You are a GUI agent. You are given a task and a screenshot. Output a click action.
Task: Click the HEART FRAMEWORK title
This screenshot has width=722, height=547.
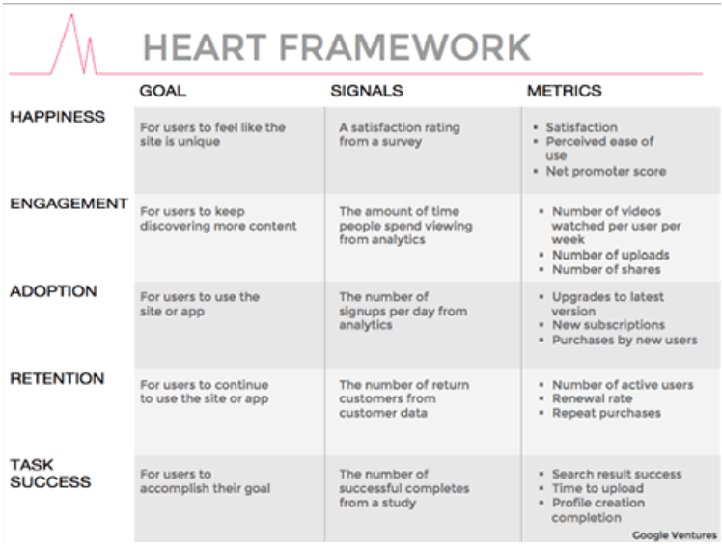(337, 47)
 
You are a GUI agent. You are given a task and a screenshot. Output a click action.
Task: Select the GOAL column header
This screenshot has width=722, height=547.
(163, 91)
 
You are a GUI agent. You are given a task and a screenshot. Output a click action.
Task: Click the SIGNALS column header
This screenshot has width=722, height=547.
(367, 91)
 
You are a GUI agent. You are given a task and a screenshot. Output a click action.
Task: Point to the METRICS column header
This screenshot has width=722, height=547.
(564, 91)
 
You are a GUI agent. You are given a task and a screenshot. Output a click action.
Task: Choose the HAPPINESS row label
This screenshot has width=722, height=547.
(58, 117)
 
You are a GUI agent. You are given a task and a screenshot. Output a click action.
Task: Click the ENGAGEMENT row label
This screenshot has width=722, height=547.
(69, 204)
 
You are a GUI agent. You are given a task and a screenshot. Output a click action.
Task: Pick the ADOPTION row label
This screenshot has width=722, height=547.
(53, 291)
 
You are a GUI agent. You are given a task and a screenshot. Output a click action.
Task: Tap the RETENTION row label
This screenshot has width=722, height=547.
(57, 378)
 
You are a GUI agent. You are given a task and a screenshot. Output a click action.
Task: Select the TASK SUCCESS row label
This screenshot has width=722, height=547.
(50, 474)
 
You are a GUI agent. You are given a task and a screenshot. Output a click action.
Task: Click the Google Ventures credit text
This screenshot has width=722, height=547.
(675, 535)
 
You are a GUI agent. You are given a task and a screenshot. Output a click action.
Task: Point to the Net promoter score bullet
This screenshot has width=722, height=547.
(606, 171)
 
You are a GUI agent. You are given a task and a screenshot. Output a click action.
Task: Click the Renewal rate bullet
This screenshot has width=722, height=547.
(592, 398)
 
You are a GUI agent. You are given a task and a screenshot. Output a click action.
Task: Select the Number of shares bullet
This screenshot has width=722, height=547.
(606, 269)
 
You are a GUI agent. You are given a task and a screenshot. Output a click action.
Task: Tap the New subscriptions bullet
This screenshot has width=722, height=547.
(608, 325)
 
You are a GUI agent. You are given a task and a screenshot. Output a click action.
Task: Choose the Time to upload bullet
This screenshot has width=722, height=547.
(597, 488)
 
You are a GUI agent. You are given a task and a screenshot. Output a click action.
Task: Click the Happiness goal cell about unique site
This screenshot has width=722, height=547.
(212, 134)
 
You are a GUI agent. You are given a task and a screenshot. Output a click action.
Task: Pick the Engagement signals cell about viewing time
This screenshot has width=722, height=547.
(405, 226)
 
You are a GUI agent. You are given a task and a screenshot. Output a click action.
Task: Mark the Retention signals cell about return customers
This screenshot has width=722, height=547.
(404, 398)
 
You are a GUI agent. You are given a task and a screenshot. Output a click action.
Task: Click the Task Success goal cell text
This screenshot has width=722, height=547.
(205, 481)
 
